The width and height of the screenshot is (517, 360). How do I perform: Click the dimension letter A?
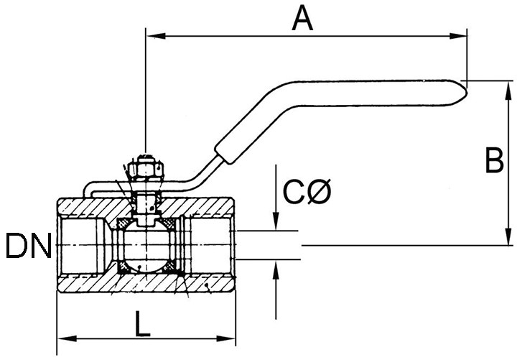[302, 19]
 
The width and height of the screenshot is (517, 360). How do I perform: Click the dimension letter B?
[494, 160]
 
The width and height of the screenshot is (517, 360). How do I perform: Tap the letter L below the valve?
[142, 324]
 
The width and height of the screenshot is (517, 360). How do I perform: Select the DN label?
[29, 246]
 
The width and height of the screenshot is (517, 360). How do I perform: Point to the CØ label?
[307, 191]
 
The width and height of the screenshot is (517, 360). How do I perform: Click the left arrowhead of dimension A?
[156, 36]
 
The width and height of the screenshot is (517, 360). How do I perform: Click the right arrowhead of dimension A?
[458, 36]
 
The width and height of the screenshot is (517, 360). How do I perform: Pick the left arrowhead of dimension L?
[67, 338]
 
